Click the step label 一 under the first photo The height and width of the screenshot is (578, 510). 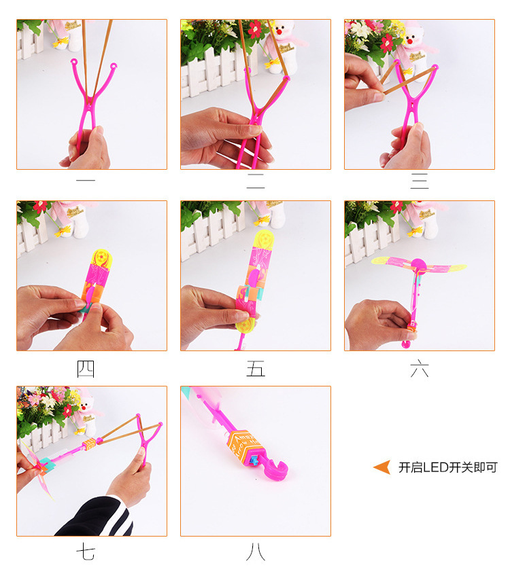coord(86,180)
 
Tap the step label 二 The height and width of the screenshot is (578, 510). coord(256,181)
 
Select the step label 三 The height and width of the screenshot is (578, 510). coord(420,181)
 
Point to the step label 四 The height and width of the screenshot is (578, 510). coord(86,369)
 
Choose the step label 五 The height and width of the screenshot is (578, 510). coord(256,369)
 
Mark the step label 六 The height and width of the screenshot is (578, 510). coord(420,369)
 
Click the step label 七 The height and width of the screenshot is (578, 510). coord(86,553)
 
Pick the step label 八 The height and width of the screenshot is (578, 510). coord(256,553)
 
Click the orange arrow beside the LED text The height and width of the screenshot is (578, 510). coord(382,467)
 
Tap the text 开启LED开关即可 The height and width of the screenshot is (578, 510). coord(448,467)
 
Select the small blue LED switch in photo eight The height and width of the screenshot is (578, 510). coord(254,460)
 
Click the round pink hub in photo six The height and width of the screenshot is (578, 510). coord(418,265)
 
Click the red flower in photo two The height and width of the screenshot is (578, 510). coord(254,29)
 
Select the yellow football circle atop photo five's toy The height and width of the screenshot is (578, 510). coord(265,240)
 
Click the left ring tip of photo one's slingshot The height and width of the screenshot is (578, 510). coord(74,61)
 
